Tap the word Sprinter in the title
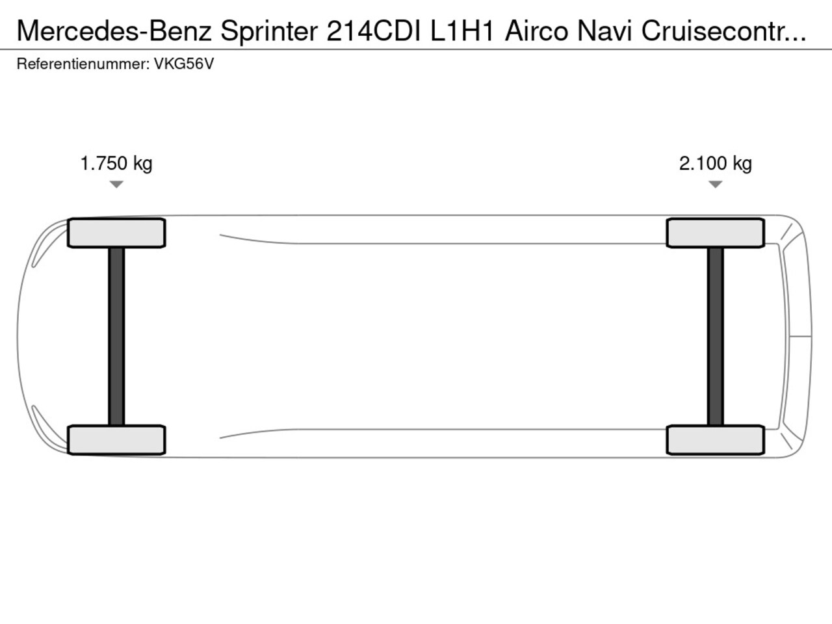(x=269, y=31)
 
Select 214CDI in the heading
(x=373, y=31)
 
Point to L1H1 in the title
(x=462, y=31)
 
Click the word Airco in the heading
(x=536, y=31)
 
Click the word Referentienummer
(x=83, y=64)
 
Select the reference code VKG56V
(x=184, y=64)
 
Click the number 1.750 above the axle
(x=103, y=164)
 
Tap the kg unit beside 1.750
(x=143, y=164)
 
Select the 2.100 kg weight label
(x=715, y=164)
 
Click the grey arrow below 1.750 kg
(x=116, y=185)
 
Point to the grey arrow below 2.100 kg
(x=715, y=185)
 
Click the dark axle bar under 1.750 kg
(x=116, y=337)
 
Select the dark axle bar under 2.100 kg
(x=715, y=337)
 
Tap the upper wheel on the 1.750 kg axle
(x=116, y=233)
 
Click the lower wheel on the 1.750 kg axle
(x=116, y=440)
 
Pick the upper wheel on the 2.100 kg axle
(x=715, y=233)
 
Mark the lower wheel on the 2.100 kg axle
(x=715, y=440)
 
